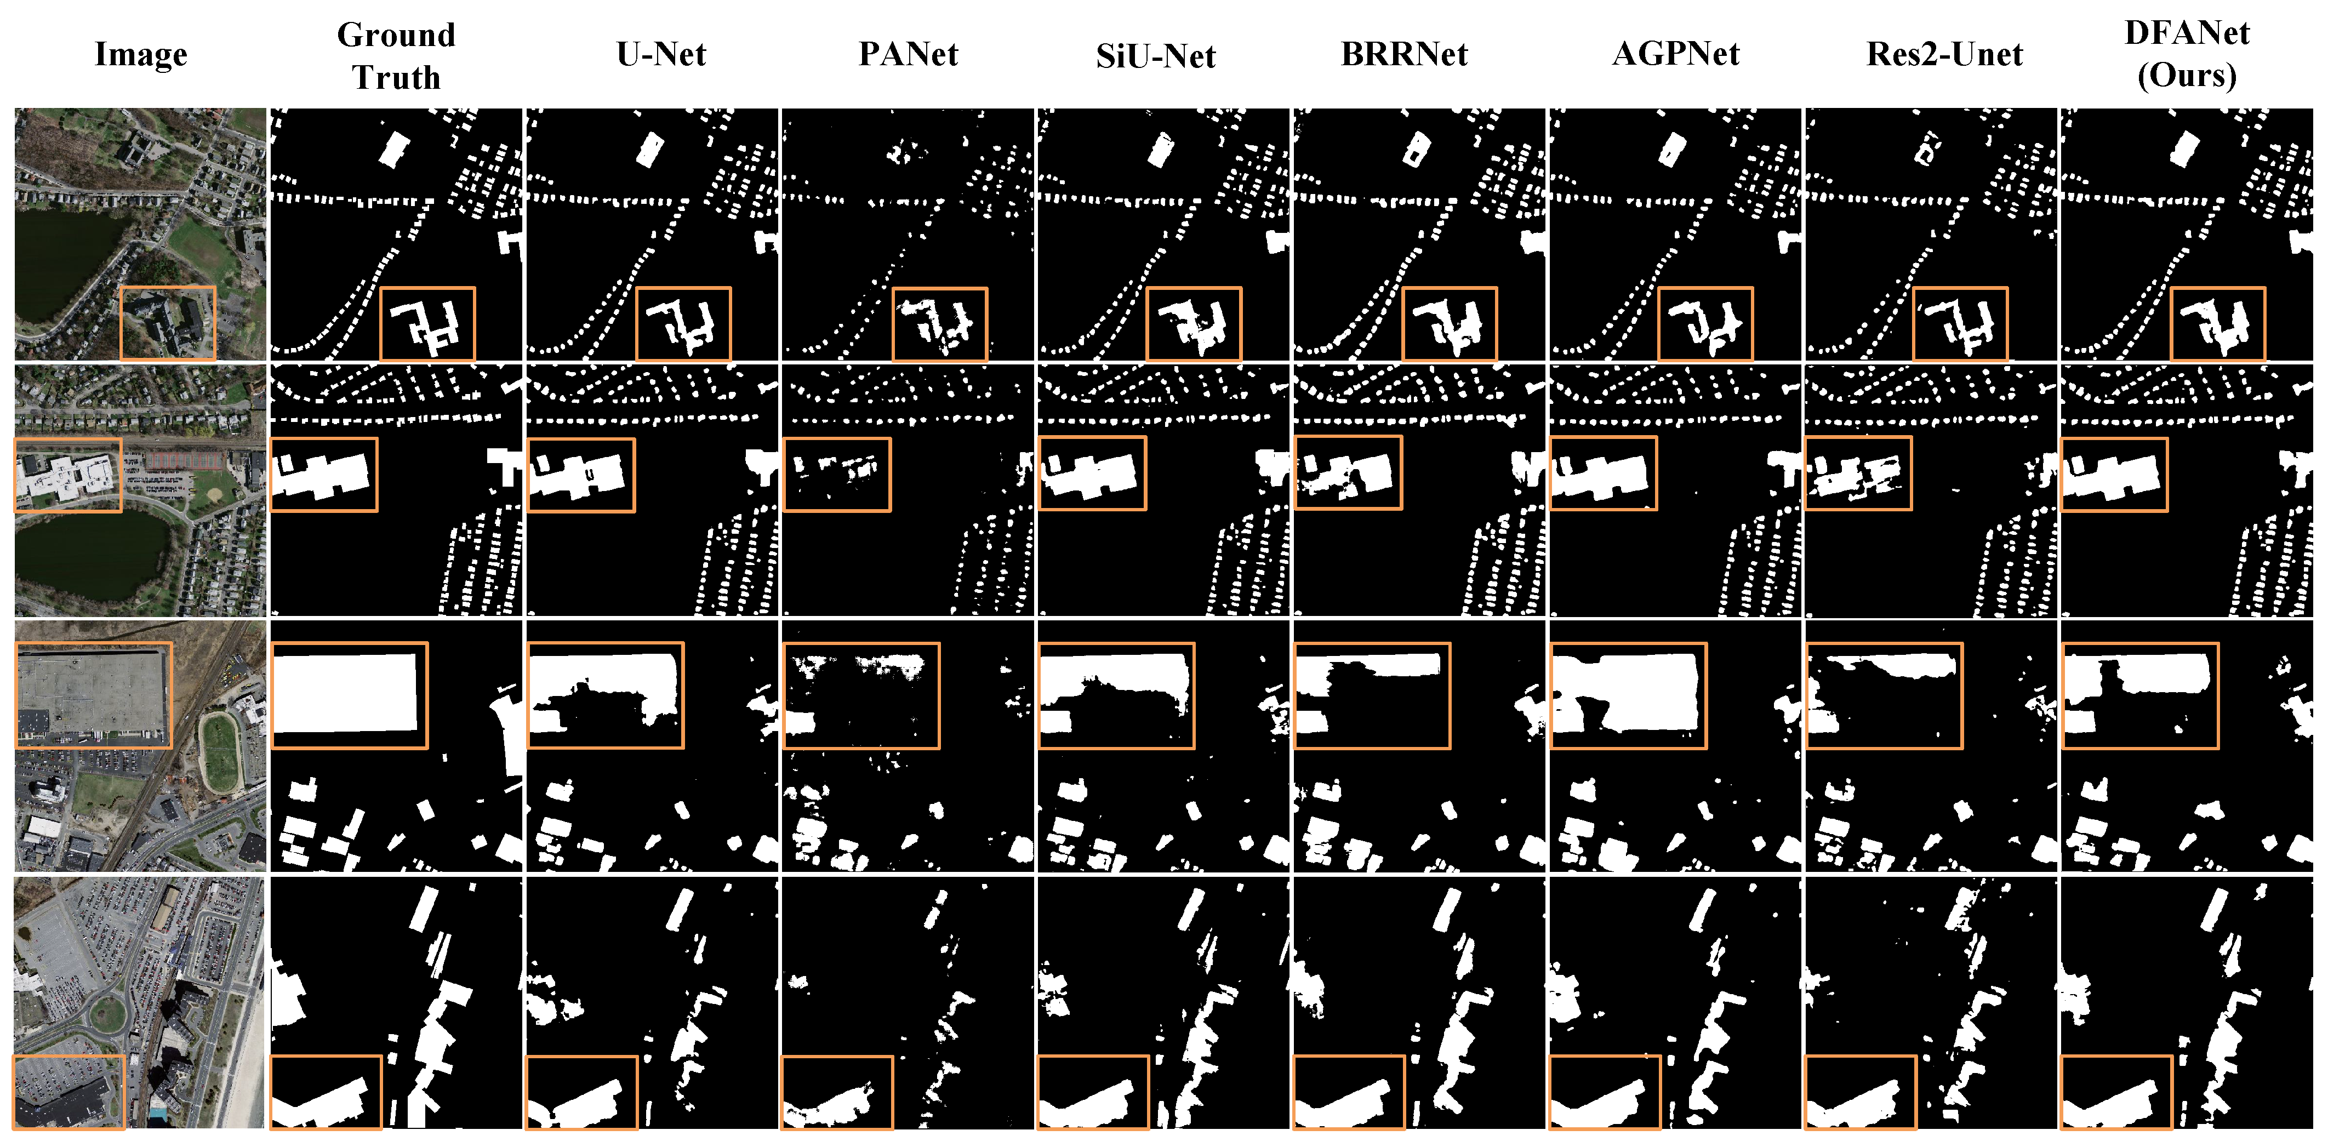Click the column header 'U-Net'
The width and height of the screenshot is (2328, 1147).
coord(660,54)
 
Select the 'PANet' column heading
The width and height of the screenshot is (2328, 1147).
coord(908,54)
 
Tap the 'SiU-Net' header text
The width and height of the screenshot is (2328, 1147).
coord(1155,56)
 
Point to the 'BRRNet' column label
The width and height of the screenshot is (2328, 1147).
coord(1403,54)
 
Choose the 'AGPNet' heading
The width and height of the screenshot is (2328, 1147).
coord(1675,54)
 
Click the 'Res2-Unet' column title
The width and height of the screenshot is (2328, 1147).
coord(1944,54)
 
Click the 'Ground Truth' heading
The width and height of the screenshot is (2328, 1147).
coord(396,56)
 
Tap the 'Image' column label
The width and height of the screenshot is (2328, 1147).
coord(141,54)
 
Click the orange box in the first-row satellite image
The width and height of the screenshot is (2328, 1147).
coord(168,323)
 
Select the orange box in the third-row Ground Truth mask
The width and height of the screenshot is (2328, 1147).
coord(350,695)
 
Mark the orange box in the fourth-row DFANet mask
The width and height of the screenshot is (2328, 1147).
coord(2115,1092)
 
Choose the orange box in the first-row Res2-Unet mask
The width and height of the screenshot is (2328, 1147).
coord(1960,323)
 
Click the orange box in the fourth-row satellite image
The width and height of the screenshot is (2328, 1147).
coord(69,1092)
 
